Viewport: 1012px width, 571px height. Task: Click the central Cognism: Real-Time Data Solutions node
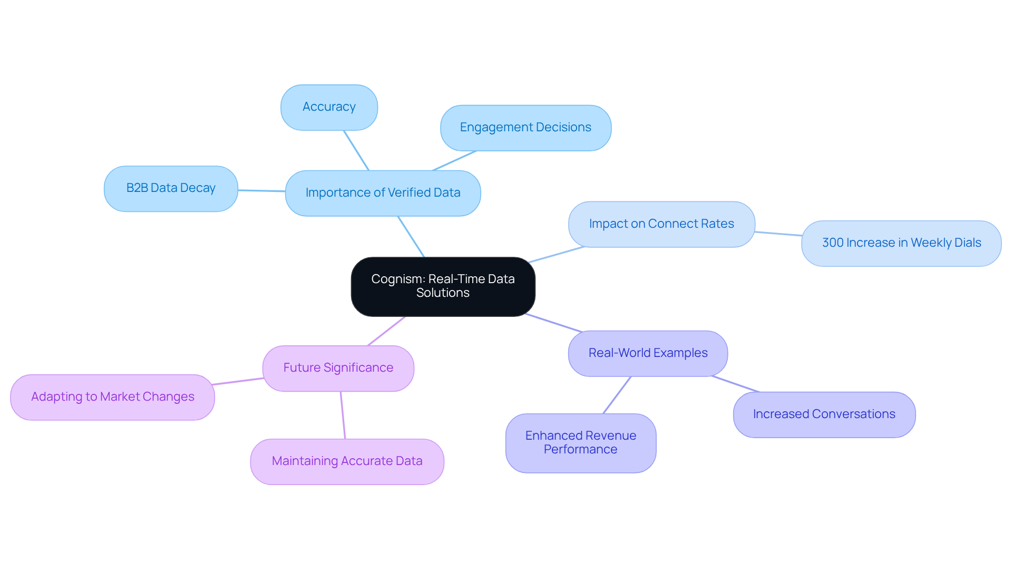click(x=443, y=286)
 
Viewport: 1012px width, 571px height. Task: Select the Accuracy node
click(x=329, y=107)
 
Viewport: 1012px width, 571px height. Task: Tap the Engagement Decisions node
click(x=526, y=128)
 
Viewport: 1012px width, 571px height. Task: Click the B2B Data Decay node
click(x=171, y=188)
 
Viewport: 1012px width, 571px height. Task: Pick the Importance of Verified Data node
click(x=383, y=193)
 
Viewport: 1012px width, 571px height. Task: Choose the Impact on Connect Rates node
click(x=661, y=224)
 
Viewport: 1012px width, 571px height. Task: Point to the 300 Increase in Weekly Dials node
click(x=901, y=243)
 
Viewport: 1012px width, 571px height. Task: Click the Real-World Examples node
click(x=648, y=353)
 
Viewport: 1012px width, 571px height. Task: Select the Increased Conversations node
click(x=824, y=414)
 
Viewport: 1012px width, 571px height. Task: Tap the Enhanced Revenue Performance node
click(x=580, y=443)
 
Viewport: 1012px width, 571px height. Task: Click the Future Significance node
click(x=338, y=368)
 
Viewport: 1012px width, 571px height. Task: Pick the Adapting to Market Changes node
click(x=112, y=397)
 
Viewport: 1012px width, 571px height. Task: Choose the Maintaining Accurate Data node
click(x=347, y=461)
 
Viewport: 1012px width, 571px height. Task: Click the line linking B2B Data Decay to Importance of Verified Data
click(x=261, y=190)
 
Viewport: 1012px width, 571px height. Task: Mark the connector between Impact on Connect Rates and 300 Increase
click(x=778, y=234)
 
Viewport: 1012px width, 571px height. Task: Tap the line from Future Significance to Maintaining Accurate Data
click(x=343, y=415)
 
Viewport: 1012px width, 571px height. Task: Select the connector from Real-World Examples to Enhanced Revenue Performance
click(x=617, y=395)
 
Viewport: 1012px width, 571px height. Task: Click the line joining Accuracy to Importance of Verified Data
click(x=356, y=150)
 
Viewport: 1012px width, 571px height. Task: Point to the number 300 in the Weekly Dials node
click(x=833, y=243)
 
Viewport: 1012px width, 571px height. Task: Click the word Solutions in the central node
click(x=443, y=293)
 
